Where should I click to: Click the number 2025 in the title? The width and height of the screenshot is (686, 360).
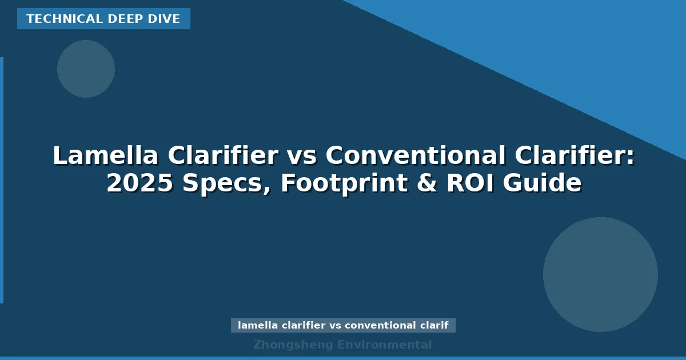pyautogui.click(x=139, y=183)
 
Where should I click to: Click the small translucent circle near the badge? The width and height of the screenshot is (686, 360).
pyautogui.click(x=86, y=69)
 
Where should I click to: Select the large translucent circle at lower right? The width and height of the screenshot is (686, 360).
pyautogui.click(x=600, y=274)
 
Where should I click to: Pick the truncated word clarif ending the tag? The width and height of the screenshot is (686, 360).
pyautogui.click(x=434, y=326)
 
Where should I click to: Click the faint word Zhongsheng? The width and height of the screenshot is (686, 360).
pyautogui.click(x=293, y=345)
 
